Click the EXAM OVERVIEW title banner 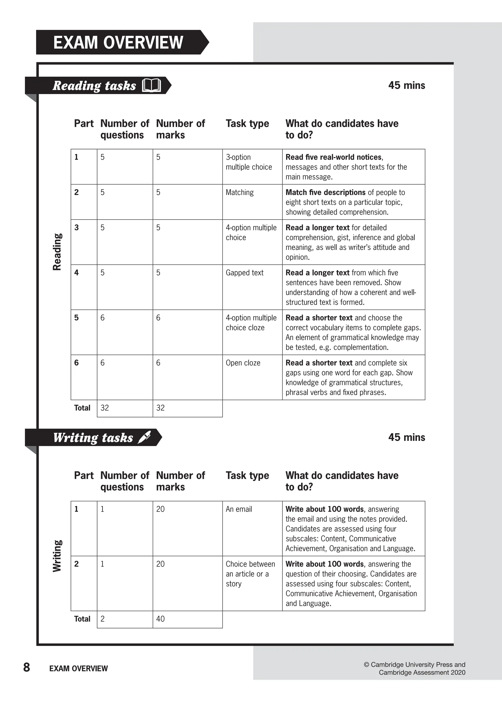pos(118,42)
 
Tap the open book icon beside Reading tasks pos(151,86)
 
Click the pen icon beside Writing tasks pos(144,437)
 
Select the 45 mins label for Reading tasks pos(406,85)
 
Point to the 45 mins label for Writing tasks pos(406,437)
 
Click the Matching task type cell pos(239,193)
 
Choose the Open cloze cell pos(243,363)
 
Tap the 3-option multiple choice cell pos(249,162)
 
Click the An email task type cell pos(239,509)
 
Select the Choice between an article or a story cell pos(250,574)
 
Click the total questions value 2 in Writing pos(103,619)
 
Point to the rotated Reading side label pos(57,252)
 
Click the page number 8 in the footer pos(26,667)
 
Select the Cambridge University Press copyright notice pos(414,668)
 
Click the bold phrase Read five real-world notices pos(333,157)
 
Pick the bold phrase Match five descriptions pos(326,193)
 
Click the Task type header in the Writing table pos(247,475)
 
